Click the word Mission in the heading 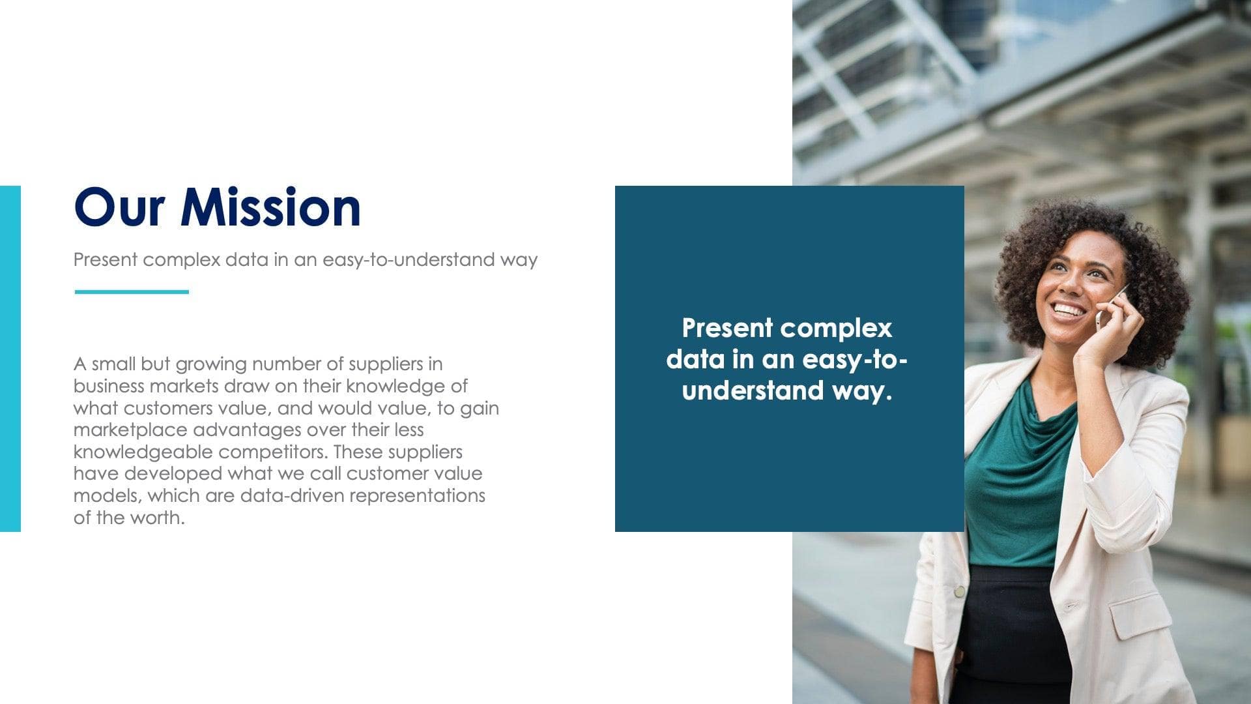point(270,207)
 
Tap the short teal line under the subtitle point(132,292)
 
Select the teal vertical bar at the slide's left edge point(10,359)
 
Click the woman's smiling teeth point(1069,309)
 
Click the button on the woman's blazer point(960,592)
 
